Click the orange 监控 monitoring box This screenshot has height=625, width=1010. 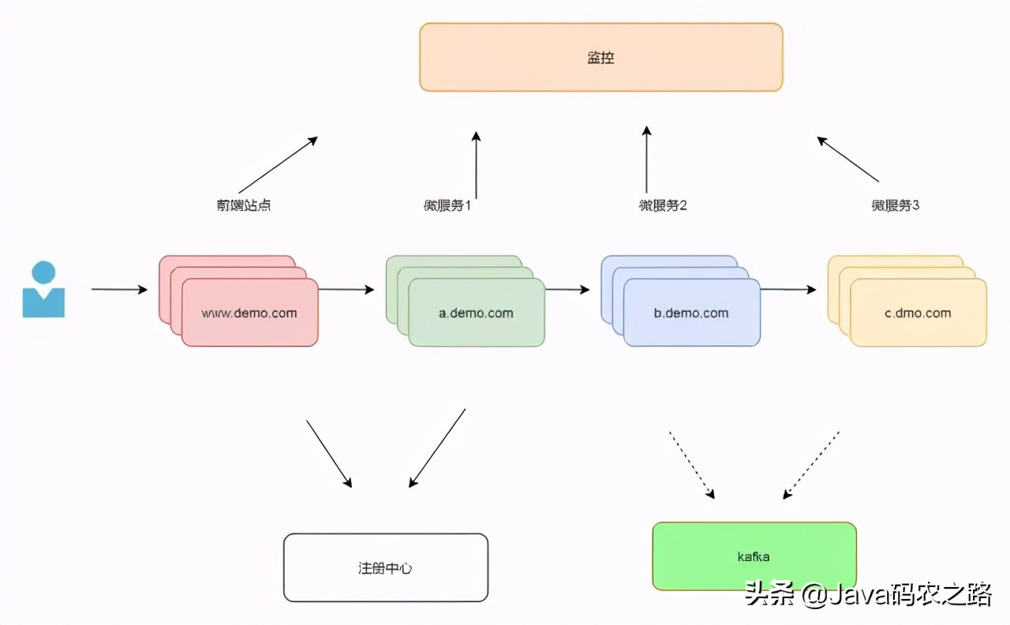tap(600, 58)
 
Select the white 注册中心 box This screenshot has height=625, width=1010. tap(385, 567)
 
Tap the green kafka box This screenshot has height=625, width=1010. tap(754, 556)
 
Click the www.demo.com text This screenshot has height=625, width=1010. tap(249, 312)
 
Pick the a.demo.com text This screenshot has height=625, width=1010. tap(476, 312)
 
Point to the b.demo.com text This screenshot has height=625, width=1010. tap(691, 312)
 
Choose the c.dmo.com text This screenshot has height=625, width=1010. tap(918, 312)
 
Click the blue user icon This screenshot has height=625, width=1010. tap(43, 290)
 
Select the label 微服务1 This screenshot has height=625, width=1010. tap(447, 205)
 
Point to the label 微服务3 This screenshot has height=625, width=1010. tap(896, 205)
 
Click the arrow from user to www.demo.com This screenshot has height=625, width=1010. tap(119, 290)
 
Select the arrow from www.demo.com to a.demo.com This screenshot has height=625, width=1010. tap(346, 290)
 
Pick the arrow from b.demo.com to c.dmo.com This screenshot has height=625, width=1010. tap(787, 290)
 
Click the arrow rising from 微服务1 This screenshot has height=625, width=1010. tap(476, 165)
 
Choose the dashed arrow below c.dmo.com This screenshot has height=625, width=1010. tap(810, 466)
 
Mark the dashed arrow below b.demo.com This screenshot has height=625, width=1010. tap(692, 466)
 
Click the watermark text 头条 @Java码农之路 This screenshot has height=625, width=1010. tap(868, 594)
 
